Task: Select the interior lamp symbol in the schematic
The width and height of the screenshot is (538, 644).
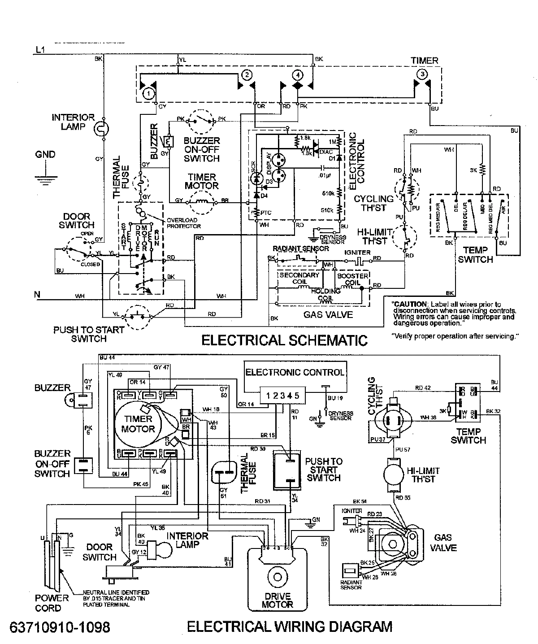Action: click(102, 129)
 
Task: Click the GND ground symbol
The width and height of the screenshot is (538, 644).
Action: click(45, 178)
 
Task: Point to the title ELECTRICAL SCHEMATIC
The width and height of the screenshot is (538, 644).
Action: click(284, 340)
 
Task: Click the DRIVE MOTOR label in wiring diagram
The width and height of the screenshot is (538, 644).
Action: click(278, 600)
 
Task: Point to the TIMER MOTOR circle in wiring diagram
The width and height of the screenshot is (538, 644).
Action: click(138, 423)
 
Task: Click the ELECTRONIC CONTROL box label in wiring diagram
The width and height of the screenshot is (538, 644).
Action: click(295, 372)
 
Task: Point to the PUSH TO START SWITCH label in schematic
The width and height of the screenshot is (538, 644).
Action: click(89, 334)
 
